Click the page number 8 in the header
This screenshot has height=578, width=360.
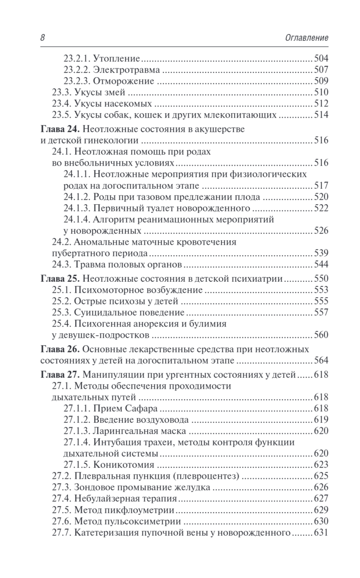tap(42, 38)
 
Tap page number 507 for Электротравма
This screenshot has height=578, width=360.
tap(321, 69)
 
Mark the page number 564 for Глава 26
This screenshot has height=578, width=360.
tap(321, 360)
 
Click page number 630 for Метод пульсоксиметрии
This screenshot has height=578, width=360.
tap(321, 521)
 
